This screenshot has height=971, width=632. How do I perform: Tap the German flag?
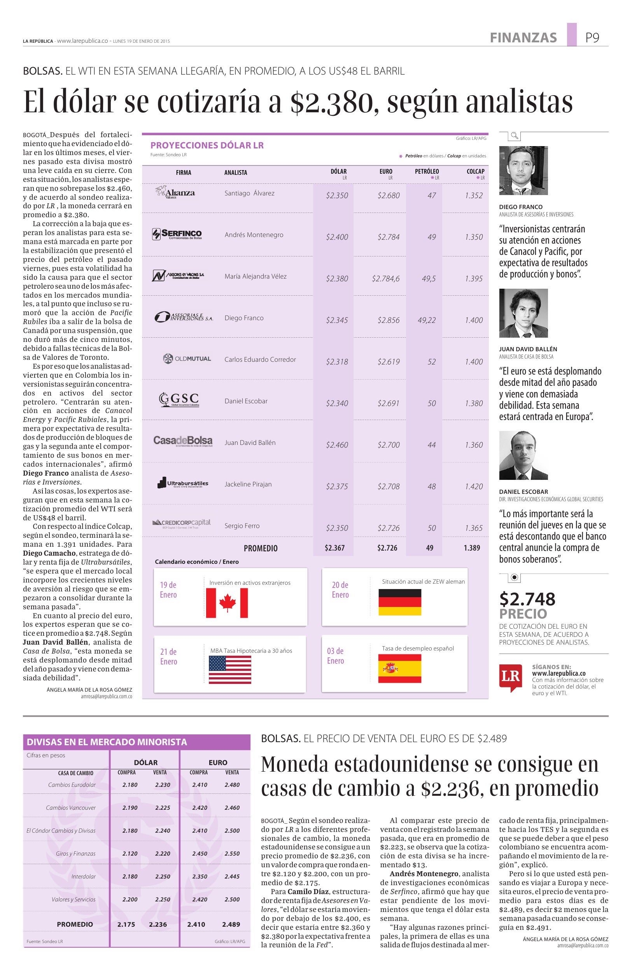(x=400, y=602)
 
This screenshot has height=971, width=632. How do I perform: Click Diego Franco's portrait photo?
(x=523, y=171)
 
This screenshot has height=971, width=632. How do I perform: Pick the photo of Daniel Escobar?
(x=523, y=455)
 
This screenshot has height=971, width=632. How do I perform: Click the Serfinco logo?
(x=177, y=234)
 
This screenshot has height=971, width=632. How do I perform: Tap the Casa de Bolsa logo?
(x=182, y=441)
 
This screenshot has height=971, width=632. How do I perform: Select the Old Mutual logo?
(x=187, y=359)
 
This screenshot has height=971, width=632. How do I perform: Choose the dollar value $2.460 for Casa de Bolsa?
(x=337, y=445)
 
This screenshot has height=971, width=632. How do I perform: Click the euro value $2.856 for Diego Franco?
(x=388, y=320)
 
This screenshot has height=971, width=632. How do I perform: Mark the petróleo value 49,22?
(x=426, y=320)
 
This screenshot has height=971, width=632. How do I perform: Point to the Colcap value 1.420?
(x=474, y=486)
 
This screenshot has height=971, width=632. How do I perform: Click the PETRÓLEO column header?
(x=427, y=172)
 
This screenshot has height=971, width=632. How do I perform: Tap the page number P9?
(x=592, y=38)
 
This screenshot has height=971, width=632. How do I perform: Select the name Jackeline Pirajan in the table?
(x=248, y=484)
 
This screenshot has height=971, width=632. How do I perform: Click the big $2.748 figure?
(x=527, y=599)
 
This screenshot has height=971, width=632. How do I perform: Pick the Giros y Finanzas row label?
(x=75, y=854)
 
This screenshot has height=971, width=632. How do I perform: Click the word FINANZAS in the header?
(x=523, y=38)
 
